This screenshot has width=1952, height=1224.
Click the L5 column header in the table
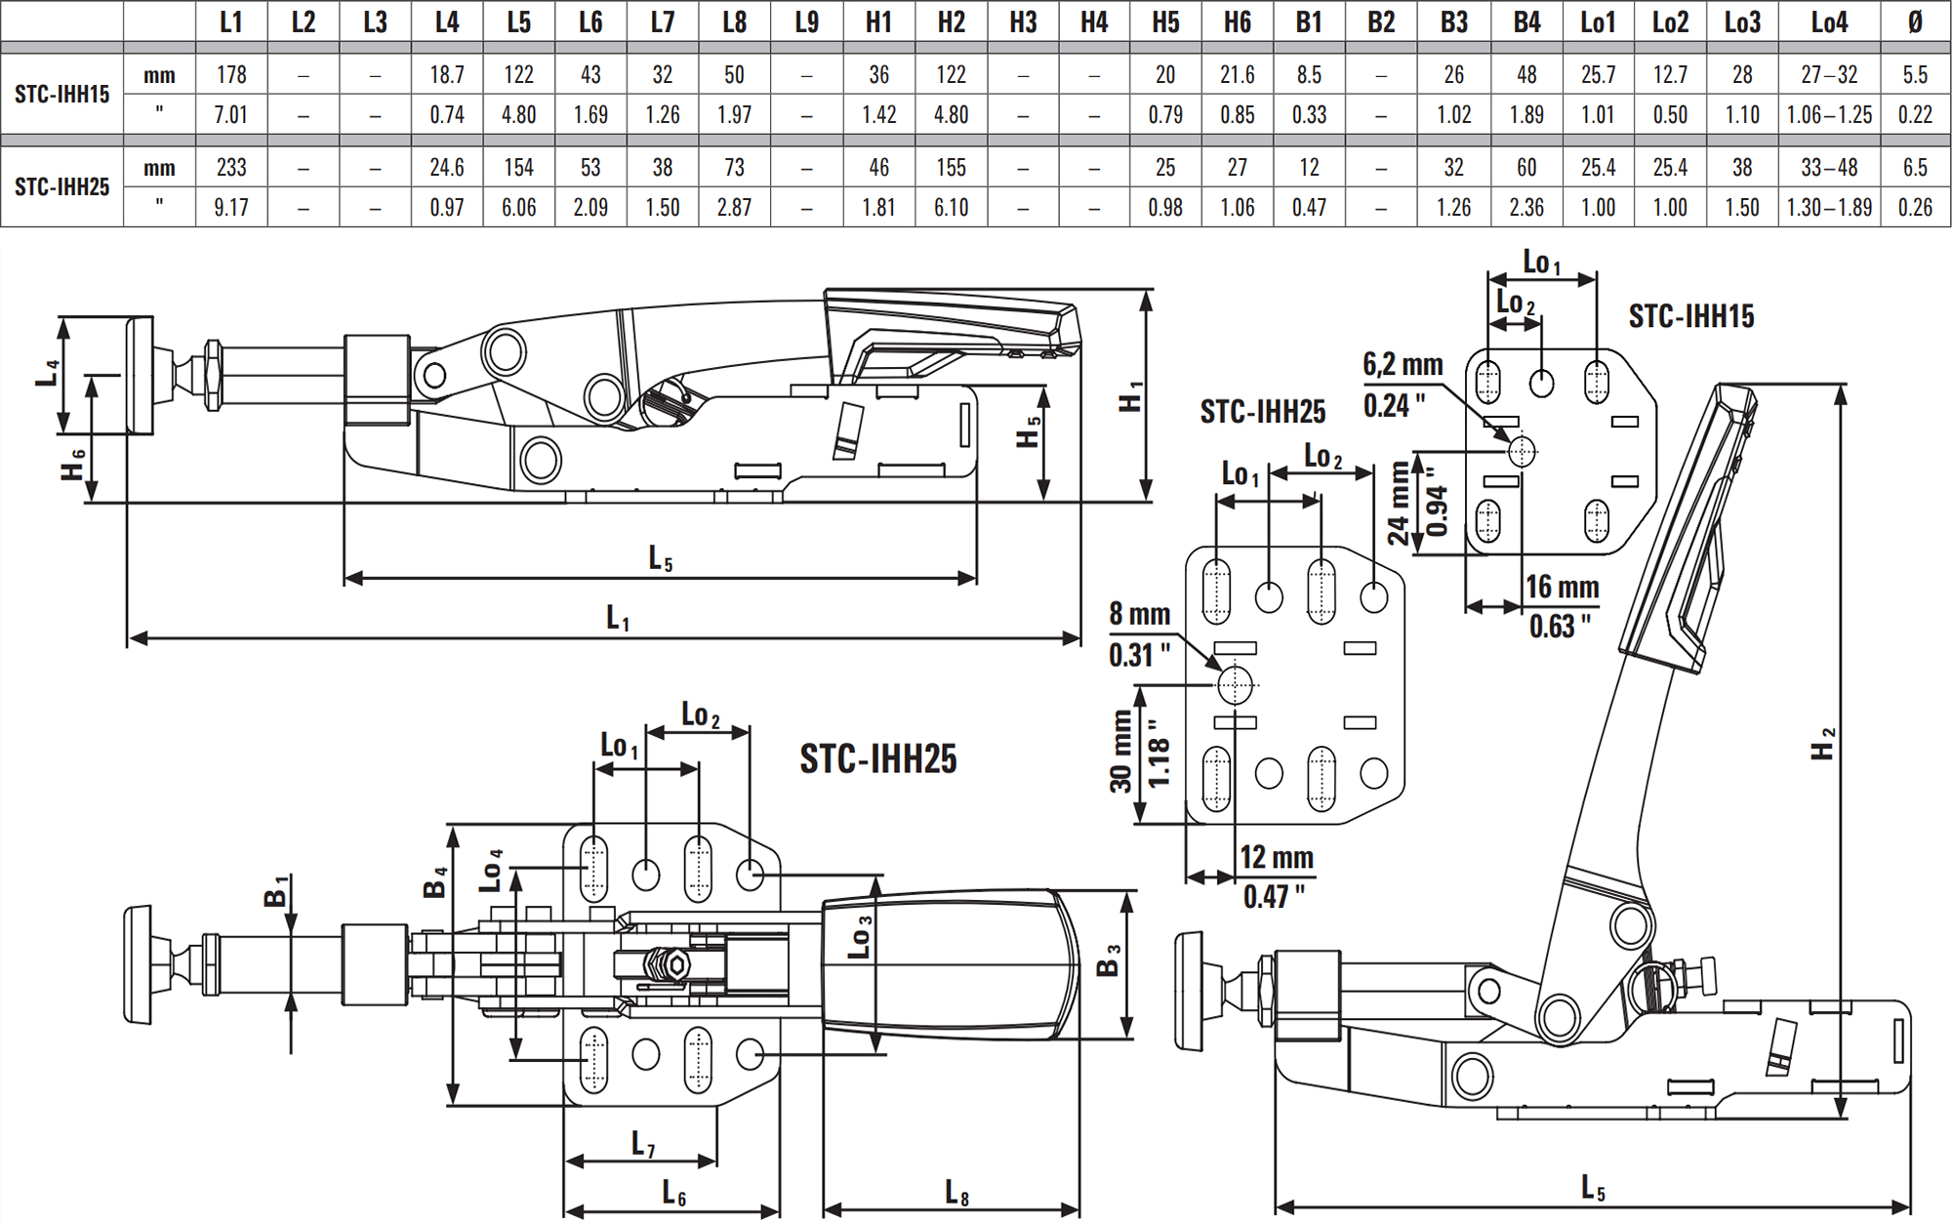(518, 21)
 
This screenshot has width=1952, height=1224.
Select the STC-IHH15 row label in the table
(61, 95)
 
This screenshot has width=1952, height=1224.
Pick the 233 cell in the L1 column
(231, 168)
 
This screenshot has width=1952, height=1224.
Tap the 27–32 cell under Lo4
(1829, 75)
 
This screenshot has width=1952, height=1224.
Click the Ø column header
(1914, 21)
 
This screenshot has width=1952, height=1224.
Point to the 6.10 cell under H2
(951, 208)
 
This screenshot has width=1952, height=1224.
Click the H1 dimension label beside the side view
(1130, 395)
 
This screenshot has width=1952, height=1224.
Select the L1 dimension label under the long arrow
(618, 618)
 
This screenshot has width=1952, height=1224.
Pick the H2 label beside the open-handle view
(1822, 744)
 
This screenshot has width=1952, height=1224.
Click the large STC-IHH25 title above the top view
(877, 759)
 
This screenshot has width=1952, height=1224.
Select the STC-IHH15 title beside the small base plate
(1690, 316)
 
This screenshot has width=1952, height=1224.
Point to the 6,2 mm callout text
(1403, 365)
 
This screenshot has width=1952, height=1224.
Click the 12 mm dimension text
(1276, 858)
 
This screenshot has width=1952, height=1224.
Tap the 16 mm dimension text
(1562, 588)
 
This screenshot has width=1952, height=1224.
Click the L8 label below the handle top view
(956, 1193)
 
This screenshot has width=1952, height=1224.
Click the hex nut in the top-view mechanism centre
(671, 965)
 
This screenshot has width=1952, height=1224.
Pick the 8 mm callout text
(1139, 614)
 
